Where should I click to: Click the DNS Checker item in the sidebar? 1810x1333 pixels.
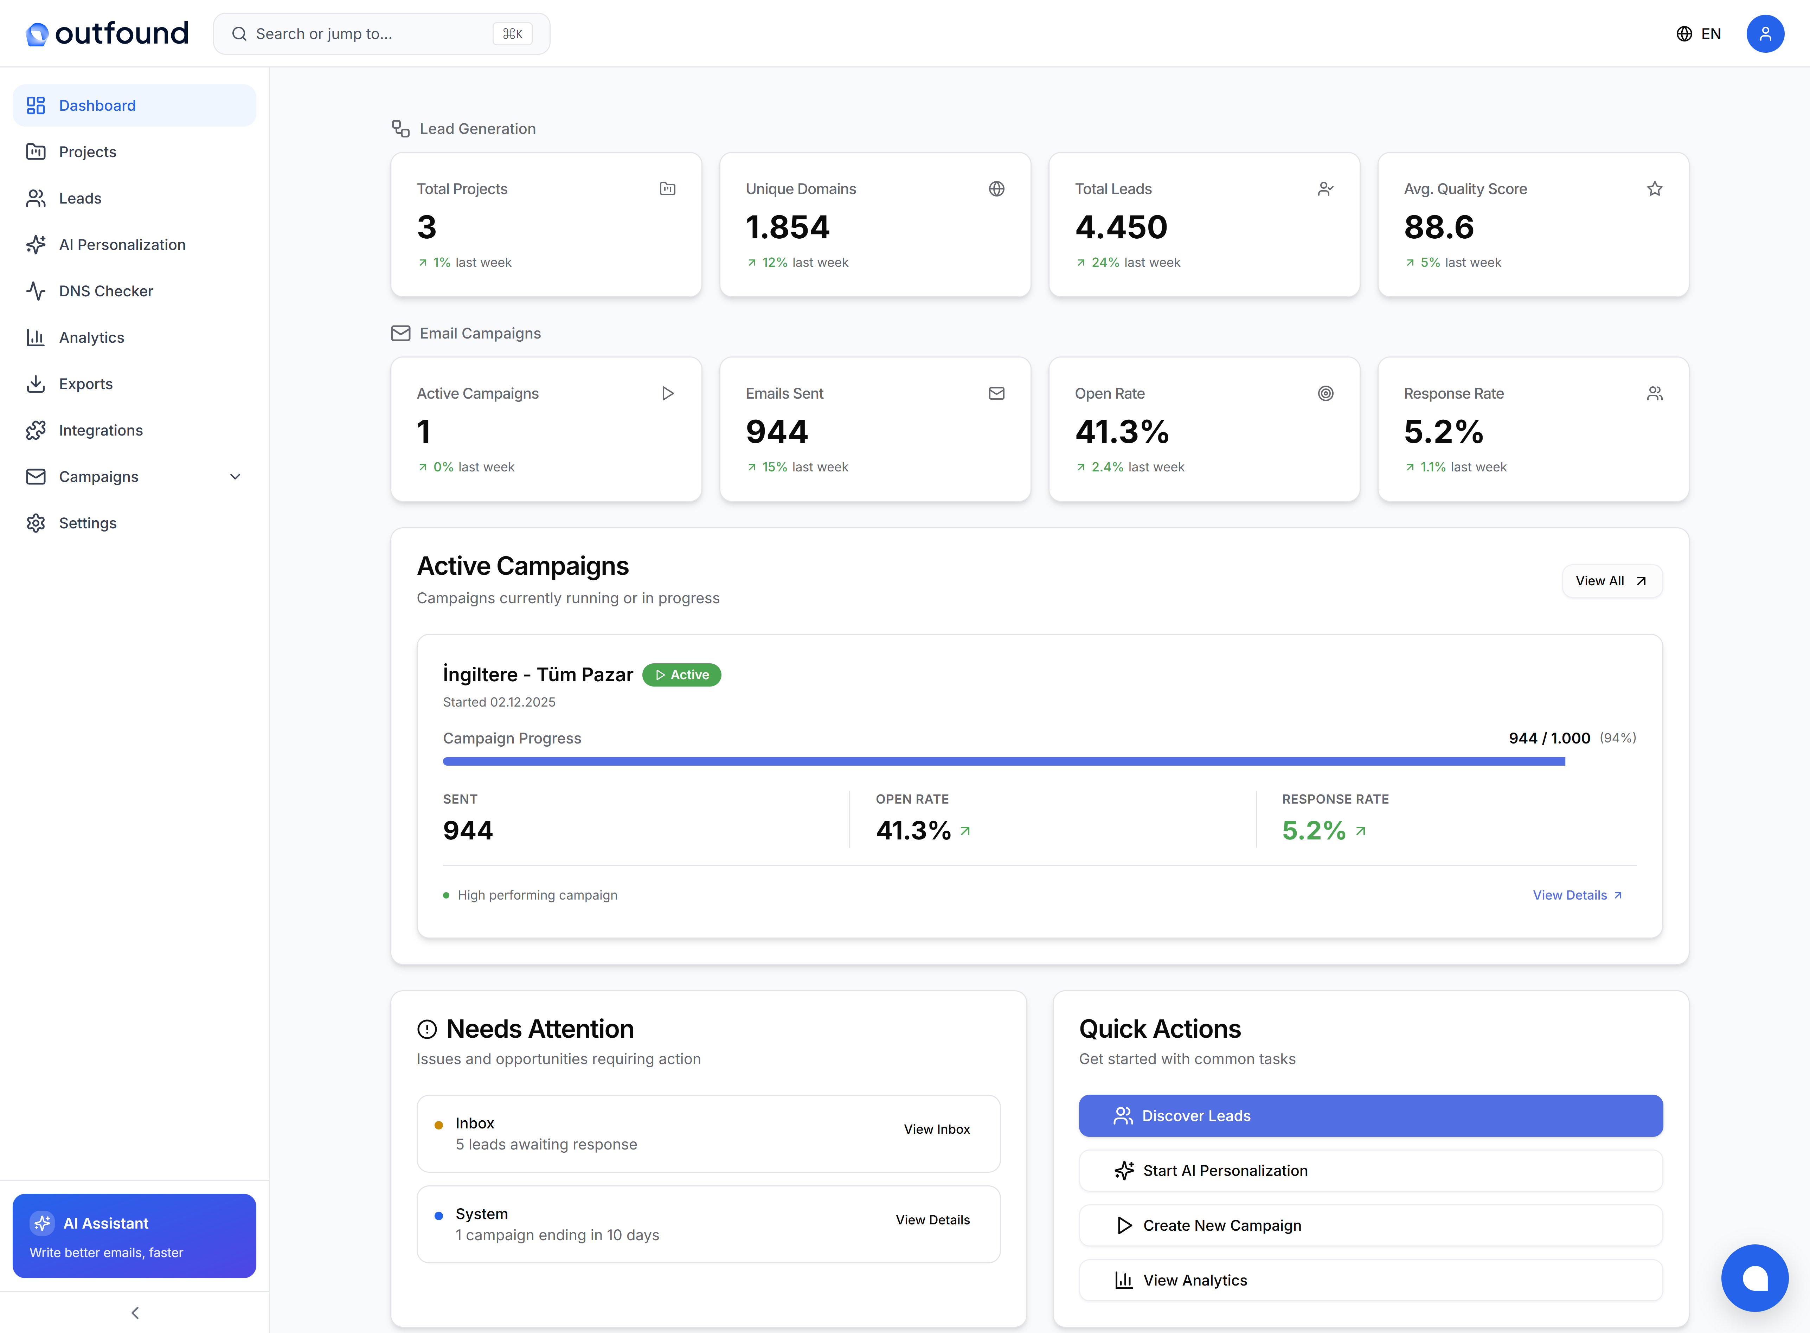tap(106, 291)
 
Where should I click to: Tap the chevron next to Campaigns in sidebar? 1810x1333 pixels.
tap(235, 477)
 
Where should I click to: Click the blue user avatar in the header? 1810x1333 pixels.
tap(1765, 34)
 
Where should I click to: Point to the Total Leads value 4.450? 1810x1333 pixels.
tap(1121, 227)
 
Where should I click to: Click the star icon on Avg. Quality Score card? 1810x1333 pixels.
tap(1654, 189)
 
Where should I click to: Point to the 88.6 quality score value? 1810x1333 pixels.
tap(1439, 227)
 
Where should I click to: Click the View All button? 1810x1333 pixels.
tap(1611, 581)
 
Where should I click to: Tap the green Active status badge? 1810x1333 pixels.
tap(682, 675)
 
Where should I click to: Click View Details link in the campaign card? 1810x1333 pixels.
tap(1577, 895)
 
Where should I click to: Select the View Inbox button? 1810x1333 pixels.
tap(936, 1129)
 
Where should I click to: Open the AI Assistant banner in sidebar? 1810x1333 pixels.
tap(134, 1235)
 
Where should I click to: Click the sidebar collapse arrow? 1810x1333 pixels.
tap(135, 1313)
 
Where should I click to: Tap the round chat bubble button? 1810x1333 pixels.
tap(1754, 1278)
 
